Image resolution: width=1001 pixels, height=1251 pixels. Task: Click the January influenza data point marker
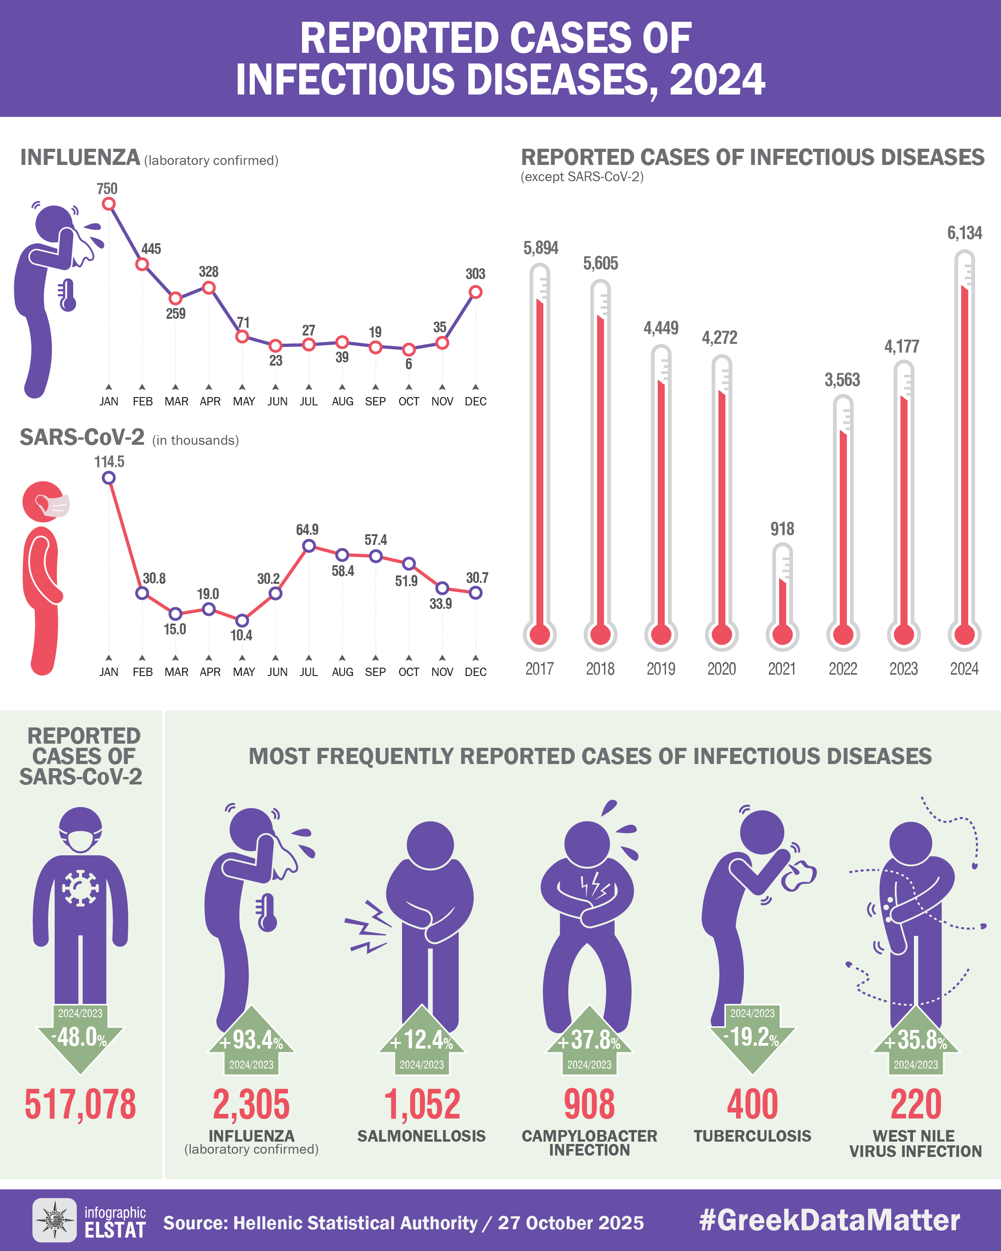click(108, 204)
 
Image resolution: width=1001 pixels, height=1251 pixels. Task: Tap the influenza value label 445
click(151, 249)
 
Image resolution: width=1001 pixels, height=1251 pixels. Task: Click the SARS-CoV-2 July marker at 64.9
click(309, 545)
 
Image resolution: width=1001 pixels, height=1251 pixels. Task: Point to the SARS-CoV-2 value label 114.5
click(109, 462)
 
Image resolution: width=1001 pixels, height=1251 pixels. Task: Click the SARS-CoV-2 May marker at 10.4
click(242, 620)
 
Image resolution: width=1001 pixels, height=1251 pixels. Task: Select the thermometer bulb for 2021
click(782, 634)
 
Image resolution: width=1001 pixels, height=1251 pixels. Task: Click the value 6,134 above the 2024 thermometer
click(964, 233)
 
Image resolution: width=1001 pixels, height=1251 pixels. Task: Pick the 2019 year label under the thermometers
click(661, 669)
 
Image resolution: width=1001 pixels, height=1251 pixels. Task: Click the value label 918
click(782, 529)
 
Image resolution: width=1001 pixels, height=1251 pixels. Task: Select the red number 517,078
click(80, 1104)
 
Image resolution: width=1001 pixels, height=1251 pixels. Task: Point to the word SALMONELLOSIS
click(421, 1136)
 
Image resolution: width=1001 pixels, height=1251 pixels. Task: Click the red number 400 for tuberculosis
click(752, 1104)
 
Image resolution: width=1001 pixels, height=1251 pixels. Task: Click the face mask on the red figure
click(56, 506)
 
